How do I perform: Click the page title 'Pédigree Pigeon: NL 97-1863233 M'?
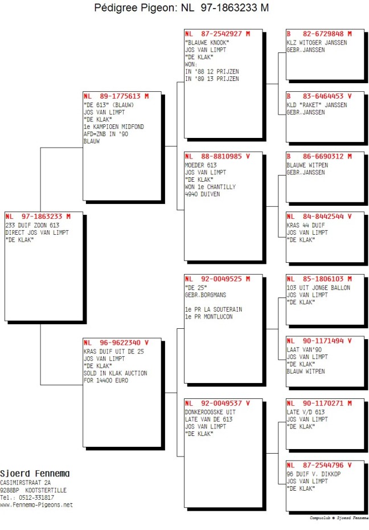click(x=181, y=7)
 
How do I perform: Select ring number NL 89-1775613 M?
click(x=116, y=96)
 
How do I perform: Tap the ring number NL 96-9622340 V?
click(x=116, y=343)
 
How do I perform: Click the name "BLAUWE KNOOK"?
click(x=207, y=43)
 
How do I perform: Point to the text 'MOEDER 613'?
click(x=201, y=165)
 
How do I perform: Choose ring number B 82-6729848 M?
click(x=319, y=34)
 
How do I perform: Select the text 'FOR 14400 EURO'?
click(x=106, y=381)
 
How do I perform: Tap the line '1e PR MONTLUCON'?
click(x=208, y=317)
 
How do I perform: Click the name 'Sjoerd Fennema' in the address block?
click(x=35, y=474)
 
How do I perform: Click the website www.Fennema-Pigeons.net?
click(x=36, y=505)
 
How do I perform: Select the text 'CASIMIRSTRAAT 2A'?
click(x=25, y=483)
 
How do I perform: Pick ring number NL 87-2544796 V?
click(x=319, y=466)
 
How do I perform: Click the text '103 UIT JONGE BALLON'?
click(x=318, y=288)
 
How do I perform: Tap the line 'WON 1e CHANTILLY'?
click(x=210, y=187)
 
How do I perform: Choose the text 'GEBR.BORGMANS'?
click(x=206, y=295)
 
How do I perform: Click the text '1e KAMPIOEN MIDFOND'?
click(x=114, y=127)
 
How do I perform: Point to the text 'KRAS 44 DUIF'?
click(x=306, y=226)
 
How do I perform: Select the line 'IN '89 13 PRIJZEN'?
click(x=212, y=79)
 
